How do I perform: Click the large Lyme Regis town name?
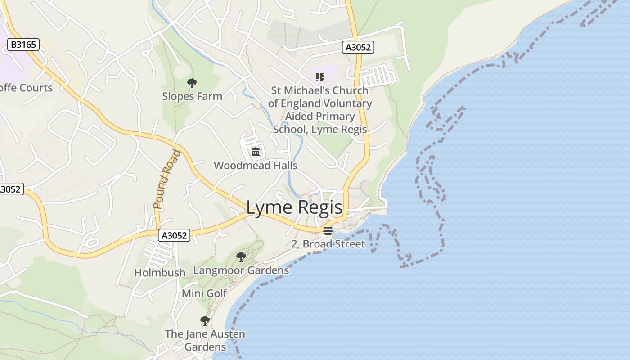tap(294, 208)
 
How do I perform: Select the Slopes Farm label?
tap(192, 96)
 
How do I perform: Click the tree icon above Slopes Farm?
tap(192, 83)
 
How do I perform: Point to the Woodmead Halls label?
tap(255, 166)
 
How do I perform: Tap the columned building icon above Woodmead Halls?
tap(256, 152)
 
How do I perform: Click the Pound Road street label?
tap(166, 179)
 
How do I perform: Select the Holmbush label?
tap(160, 273)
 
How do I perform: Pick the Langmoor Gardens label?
tap(241, 270)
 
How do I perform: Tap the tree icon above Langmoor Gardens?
tap(241, 257)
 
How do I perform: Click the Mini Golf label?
tap(204, 293)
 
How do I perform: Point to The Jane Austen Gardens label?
tap(205, 340)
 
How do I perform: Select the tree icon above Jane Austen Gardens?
tap(205, 321)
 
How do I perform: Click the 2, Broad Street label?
tap(328, 244)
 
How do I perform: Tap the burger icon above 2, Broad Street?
tap(328, 231)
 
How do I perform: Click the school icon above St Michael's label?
tap(320, 77)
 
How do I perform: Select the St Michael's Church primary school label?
tap(320, 110)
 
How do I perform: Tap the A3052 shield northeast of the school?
tap(358, 47)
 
